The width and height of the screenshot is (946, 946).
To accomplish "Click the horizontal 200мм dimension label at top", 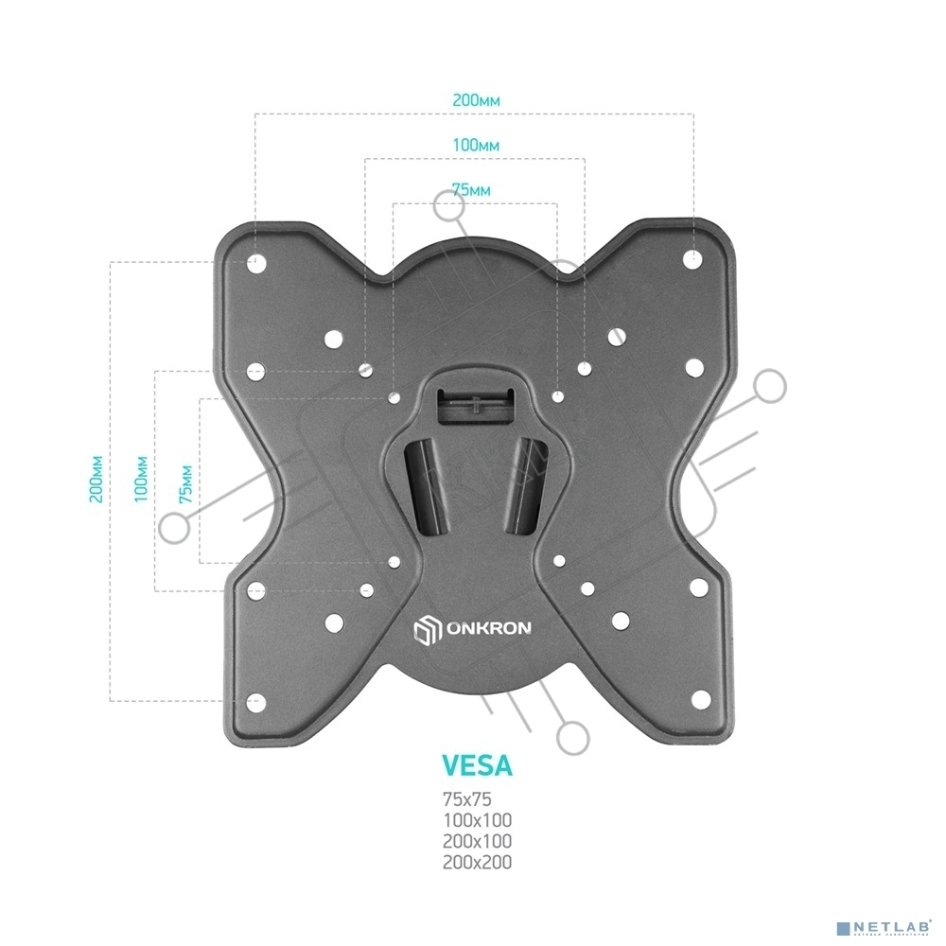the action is pos(476,99).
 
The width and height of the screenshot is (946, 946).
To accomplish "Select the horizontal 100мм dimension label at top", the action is pos(476,145).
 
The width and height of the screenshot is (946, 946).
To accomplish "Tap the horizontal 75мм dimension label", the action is pos(471,190).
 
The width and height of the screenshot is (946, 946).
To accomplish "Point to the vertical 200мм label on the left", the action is pos(96,480).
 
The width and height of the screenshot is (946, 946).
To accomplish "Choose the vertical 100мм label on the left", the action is pos(141,480).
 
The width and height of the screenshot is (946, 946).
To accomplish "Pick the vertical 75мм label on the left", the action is pos(185,483).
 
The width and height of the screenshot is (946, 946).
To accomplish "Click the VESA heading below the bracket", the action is pos(477,765).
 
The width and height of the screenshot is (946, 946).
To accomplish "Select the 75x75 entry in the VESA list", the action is pos(467,799).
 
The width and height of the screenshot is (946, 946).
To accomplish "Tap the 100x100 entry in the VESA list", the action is pos(477,820).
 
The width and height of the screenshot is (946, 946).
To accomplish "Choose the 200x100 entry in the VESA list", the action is pos(477,841).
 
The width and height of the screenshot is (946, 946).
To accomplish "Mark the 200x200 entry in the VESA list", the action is pos(477,862).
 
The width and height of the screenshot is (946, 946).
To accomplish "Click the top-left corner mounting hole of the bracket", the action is pos(256,263).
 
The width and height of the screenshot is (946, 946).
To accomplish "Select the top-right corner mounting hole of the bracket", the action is pos(692,259).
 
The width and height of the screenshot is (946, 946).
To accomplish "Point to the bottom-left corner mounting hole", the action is pos(256,702).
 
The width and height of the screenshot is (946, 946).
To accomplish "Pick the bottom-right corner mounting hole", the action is pos(700,700).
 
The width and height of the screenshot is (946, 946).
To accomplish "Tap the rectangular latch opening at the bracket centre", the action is pos(475,405).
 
